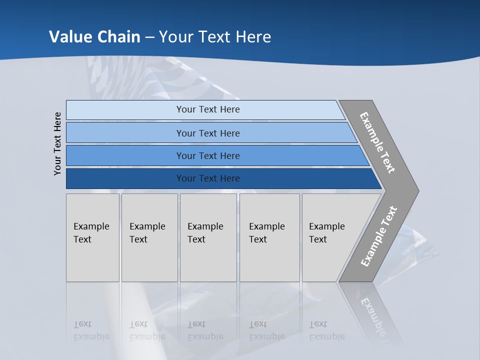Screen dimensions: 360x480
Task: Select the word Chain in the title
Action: click(118, 36)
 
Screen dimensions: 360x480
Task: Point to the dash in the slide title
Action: click(149, 37)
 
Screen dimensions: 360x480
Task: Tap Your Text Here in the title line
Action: click(215, 36)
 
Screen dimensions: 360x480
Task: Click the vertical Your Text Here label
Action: click(57, 144)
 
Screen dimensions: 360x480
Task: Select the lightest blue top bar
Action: click(207, 109)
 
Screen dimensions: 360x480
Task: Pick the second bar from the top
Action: click(207, 133)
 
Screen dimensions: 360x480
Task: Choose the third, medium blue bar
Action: click(207, 155)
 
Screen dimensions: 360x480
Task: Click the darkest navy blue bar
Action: click(207, 178)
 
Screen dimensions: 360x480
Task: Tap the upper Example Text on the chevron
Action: click(377, 142)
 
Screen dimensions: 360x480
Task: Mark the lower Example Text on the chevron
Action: click(379, 236)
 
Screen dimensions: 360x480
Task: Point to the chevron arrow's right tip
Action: click(417, 190)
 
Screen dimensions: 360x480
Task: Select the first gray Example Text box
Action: click(92, 237)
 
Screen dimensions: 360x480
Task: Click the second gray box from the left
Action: click(149, 237)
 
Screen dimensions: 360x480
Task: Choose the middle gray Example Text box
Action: click(208, 237)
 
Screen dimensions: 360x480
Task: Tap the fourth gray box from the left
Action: click(269, 237)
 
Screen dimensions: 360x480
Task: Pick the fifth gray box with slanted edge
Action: click(330, 237)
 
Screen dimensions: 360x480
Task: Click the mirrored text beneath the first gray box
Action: click(91, 330)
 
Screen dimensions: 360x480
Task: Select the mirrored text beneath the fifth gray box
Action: click(326, 330)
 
